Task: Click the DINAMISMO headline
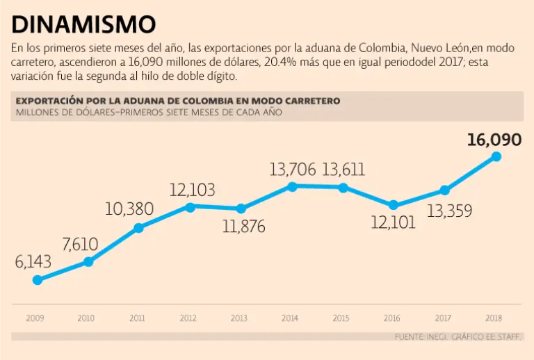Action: tap(83, 25)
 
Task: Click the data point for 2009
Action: tap(38, 280)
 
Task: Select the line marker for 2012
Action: tap(189, 206)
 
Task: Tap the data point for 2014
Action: tap(292, 186)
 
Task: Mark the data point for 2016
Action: tap(394, 205)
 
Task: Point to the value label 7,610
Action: tap(80, 244)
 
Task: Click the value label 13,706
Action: tap(293, 169)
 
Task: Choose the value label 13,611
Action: tap(343, 169)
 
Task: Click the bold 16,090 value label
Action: tap(494, 140)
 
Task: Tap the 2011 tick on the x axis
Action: tap(137, 318)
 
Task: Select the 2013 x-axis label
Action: tap(239, 318)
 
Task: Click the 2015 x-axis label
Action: tap(341, 318)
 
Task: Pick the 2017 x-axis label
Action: tap(444, 318)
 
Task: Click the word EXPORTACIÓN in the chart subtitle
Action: tap(49, 101)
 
